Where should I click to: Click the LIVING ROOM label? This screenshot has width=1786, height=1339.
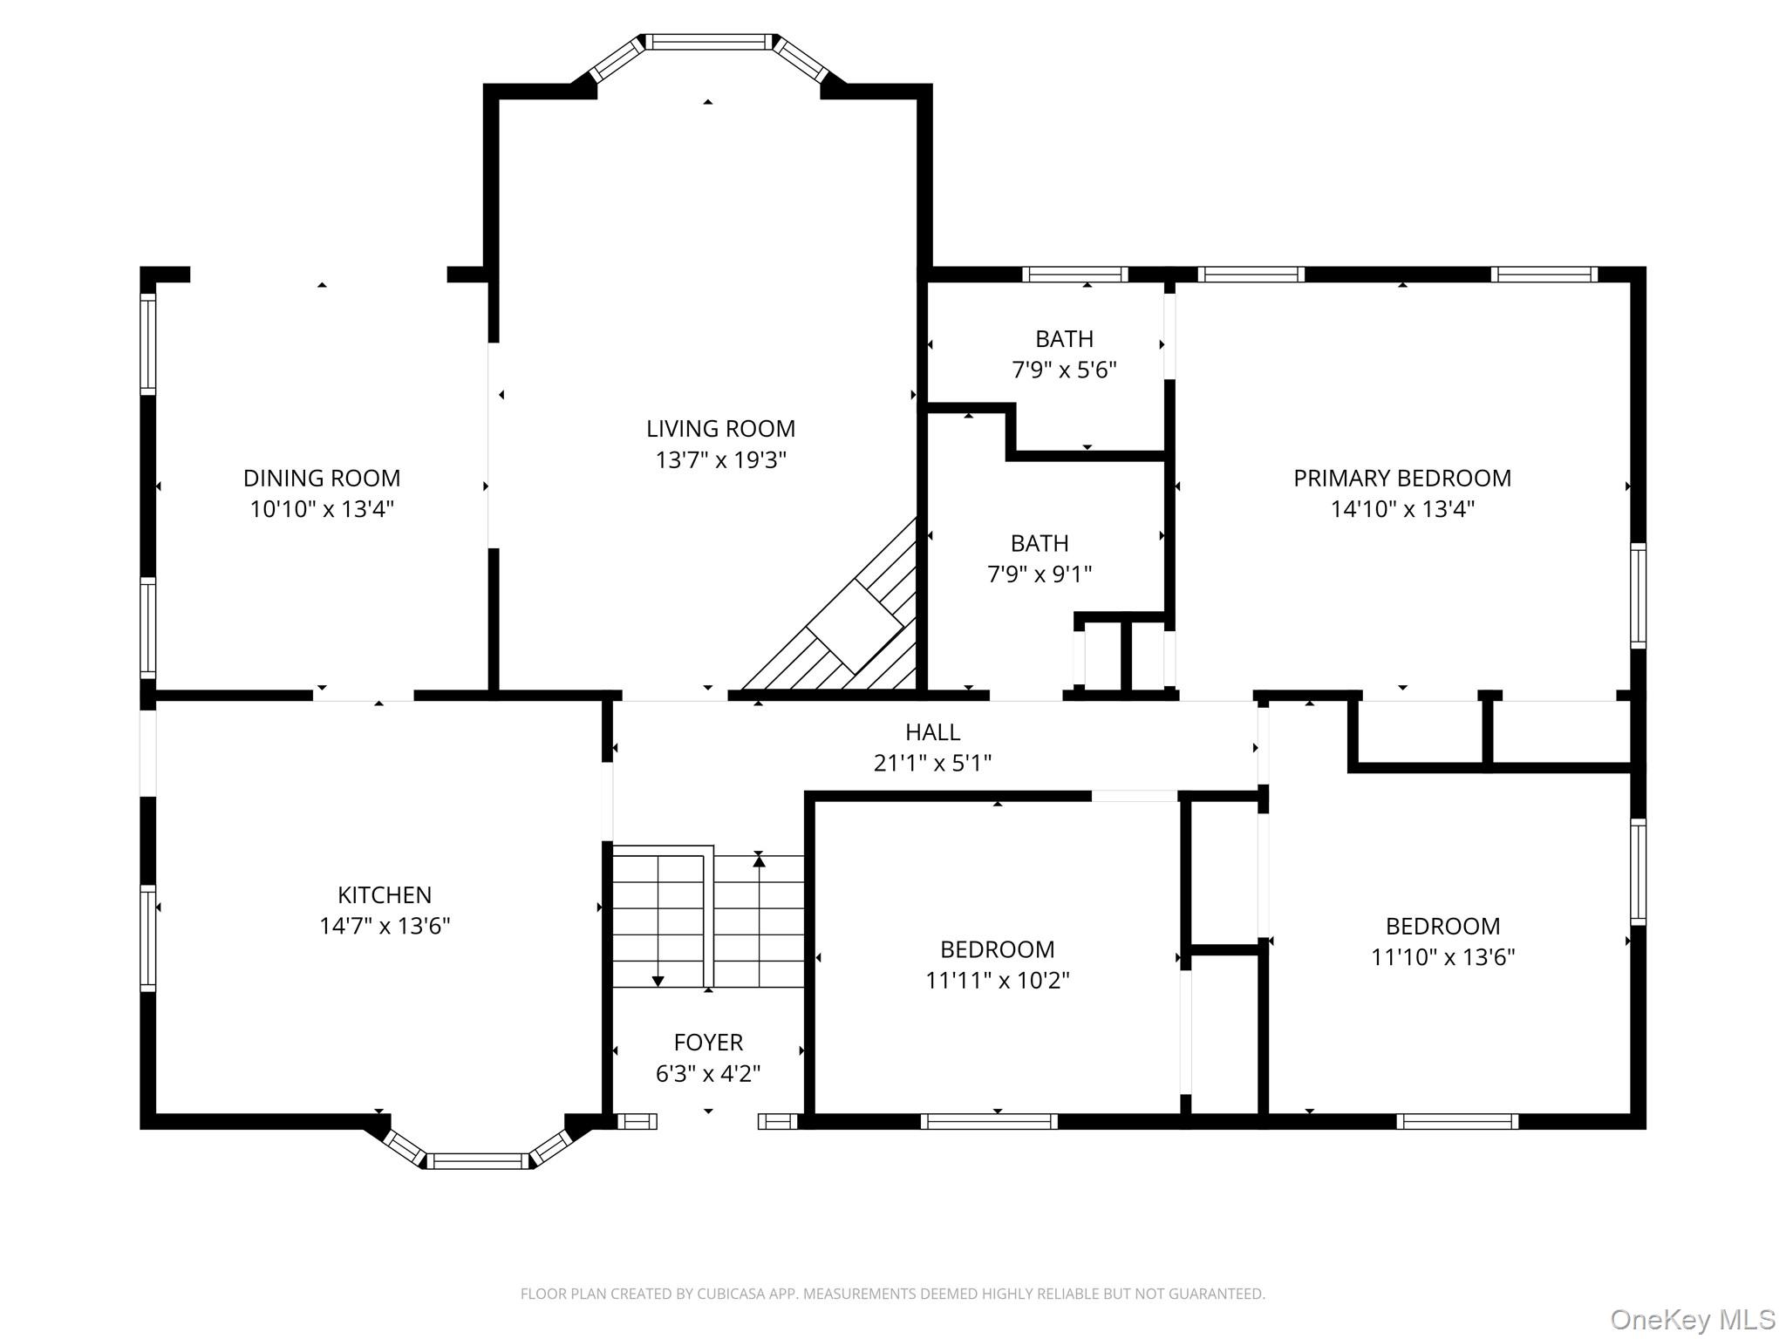pos(720,429)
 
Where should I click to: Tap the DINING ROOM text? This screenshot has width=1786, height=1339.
pos(322,478)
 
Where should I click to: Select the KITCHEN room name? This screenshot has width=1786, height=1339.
pos(385,894)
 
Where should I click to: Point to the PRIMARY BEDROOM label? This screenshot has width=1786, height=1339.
pos(1401,478)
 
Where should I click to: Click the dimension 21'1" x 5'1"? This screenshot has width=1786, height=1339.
pos(932,764)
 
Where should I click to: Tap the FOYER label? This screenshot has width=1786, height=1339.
pos(708,1042)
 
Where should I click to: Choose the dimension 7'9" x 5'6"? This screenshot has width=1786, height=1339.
pos(1064,370)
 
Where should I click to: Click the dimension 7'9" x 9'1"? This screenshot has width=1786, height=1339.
pos(1039,574)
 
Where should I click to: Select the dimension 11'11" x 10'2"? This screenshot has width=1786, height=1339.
pos(997,981)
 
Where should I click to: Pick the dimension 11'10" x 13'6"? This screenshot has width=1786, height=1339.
pos(1442,957)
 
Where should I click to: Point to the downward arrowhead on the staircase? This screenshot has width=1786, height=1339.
pos(658,982)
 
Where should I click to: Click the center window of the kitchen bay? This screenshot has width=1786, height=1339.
pos(477,1161)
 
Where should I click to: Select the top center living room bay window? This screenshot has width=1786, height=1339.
pos(708,41)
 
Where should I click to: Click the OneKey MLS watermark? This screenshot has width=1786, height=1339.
pos(1692,1320)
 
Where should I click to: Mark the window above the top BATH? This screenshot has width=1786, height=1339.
pos(1074,275)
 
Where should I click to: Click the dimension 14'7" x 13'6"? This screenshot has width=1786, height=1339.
pos(385,926)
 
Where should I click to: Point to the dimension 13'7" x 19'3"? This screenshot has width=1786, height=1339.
pos(720,460)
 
